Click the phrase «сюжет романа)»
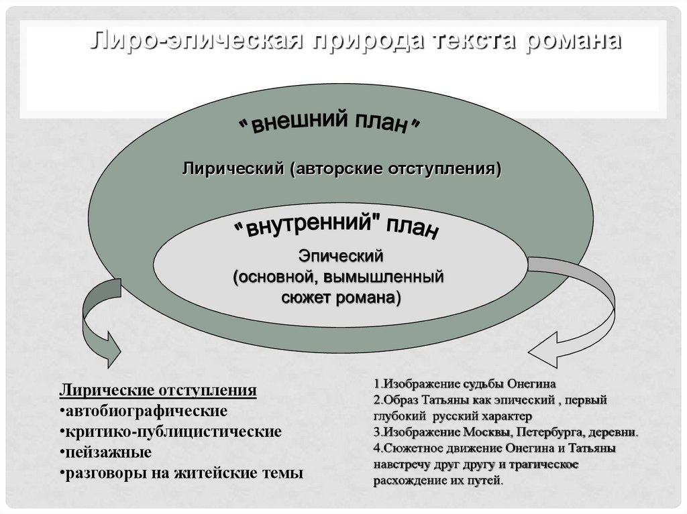tap(341, 298)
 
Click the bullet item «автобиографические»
tap(144, 410)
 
